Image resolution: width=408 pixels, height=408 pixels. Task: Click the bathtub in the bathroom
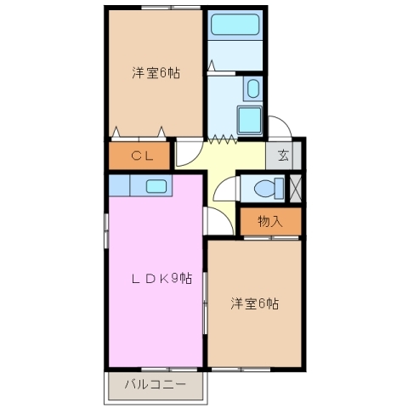click(x=235, y=28)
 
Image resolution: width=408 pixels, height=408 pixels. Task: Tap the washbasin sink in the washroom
click(x=253, y=88)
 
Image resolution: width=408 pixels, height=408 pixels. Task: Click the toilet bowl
click(x=264, y=187)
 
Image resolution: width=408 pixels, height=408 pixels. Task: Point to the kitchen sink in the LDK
click(x=156, y=186)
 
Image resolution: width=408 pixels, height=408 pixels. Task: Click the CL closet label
click(x=141, y=156)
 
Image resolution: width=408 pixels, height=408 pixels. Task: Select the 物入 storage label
click(x=269, y=222)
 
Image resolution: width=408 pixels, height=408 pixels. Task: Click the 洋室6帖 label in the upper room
click(x=155, y=72)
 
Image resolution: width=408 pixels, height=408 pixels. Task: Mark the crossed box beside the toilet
click(x=296, y=187)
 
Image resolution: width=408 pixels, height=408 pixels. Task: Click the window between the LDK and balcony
click(x=157, y=368)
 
